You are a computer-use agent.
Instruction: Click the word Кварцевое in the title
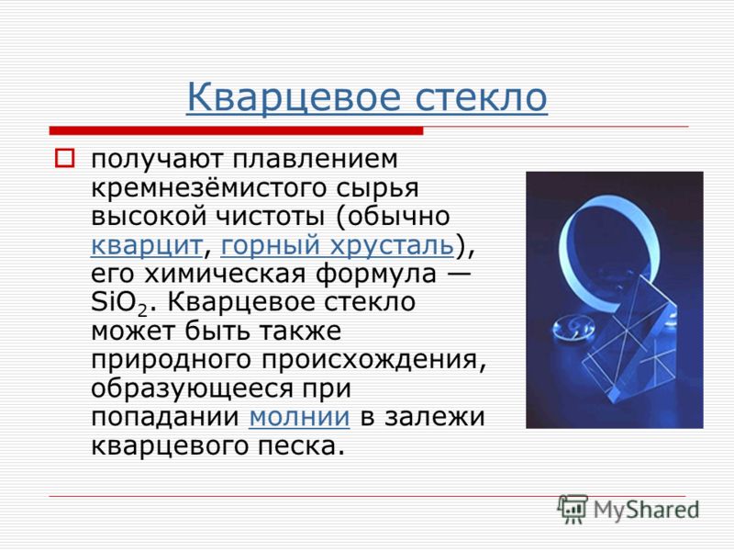click(x=294, y=97)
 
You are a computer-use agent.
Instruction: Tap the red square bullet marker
click(x=64, y=158)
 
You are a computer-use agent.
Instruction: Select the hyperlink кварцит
click(x=147, y=245)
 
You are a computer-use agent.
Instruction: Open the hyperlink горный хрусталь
click(x=338, y=245)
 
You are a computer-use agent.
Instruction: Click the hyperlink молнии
click(x=299, y=417)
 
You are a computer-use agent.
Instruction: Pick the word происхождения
click(x=373, y=360)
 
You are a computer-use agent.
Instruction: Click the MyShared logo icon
click(x=573, y=509)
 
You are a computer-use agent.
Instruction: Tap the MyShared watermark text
click(x=646, y=509)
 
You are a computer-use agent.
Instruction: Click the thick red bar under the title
click(x=236, y=130)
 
